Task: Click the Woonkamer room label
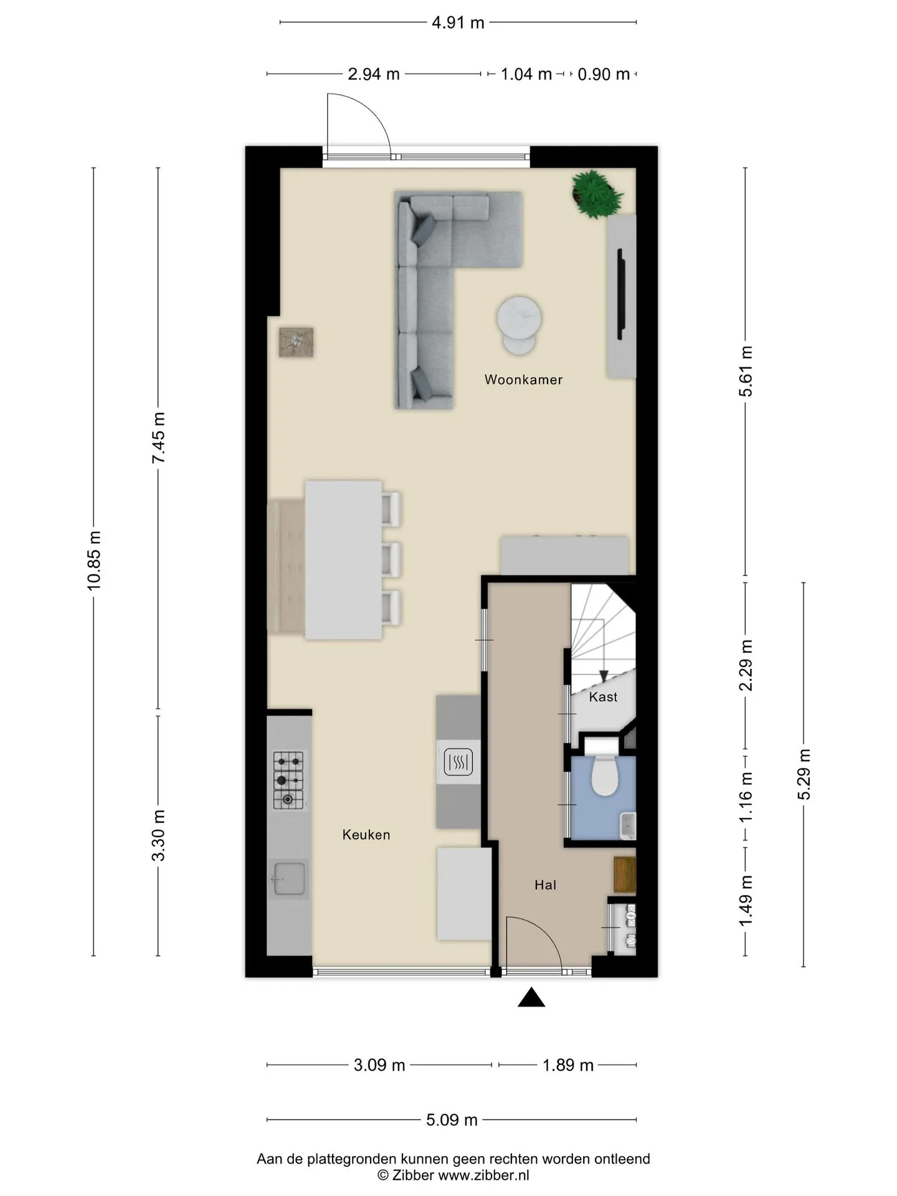523,379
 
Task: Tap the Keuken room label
366,835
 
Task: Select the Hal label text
545,885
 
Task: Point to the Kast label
603,696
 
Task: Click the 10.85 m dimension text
94,561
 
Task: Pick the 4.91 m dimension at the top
458,22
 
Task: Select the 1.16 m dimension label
746,797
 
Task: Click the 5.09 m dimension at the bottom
452,1119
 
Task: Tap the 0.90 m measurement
604,74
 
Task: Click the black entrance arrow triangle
531,999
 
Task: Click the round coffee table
519,325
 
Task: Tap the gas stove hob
288,780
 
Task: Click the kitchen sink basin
288,878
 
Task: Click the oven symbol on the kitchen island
458,762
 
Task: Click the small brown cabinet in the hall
625,875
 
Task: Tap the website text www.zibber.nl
484,1175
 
